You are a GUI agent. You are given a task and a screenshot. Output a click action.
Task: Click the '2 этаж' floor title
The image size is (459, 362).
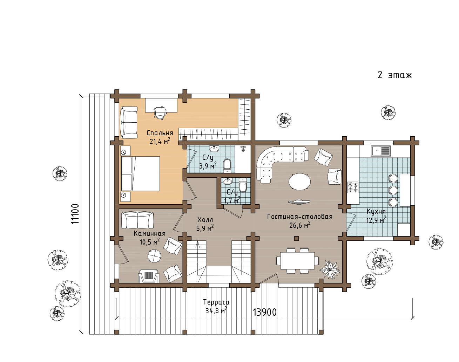394,75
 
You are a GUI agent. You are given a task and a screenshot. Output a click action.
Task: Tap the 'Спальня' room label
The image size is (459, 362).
160,133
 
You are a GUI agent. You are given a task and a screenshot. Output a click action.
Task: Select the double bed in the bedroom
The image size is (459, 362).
140,173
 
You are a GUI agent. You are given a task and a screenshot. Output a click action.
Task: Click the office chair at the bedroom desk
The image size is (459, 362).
160,112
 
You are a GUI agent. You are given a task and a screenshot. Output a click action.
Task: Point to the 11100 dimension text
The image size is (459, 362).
75,214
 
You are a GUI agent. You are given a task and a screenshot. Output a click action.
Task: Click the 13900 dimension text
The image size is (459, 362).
265,312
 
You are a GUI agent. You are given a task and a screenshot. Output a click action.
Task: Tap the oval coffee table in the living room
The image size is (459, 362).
299,182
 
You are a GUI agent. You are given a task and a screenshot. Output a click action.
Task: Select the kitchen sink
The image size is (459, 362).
381,151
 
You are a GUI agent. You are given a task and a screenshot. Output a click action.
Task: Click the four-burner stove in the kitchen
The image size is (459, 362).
353,187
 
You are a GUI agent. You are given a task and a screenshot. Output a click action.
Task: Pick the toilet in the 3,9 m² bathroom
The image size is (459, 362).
227,165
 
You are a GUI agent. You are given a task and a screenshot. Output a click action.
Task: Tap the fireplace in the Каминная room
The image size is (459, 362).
149,276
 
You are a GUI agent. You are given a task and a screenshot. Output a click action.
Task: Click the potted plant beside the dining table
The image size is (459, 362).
330,270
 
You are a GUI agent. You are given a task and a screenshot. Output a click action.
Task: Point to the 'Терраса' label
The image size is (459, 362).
216,302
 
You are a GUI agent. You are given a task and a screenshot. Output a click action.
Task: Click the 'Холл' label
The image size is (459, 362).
205,220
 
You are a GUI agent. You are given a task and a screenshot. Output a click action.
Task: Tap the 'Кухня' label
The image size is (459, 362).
376,211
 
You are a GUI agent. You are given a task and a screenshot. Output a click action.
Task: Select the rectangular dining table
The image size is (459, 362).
297,261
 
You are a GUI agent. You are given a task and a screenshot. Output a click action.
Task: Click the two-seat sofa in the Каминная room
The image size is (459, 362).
137,220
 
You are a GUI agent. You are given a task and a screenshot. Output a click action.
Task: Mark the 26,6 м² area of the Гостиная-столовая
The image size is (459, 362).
300,225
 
